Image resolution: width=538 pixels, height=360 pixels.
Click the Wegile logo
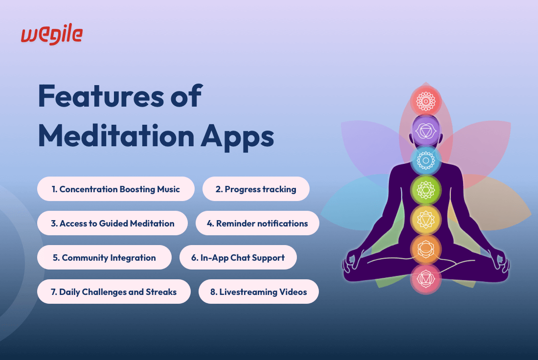pos(52,34)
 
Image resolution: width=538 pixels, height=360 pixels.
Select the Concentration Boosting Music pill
pos(116,189)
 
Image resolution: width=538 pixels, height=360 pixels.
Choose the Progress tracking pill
pos(256,189)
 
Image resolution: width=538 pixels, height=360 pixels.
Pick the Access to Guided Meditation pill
pos(112,223)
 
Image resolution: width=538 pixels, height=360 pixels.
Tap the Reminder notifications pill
pos(257,223)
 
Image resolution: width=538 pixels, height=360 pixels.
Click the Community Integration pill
pos(104,257)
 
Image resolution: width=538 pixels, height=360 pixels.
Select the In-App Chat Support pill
pos(238,257)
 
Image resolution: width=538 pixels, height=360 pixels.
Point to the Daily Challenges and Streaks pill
pos(114,292)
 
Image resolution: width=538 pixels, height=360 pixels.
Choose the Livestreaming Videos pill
pos(259,292)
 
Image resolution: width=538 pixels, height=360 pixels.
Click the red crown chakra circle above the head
pos(426,101)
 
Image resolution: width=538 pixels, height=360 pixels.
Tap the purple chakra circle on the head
pos(426,131)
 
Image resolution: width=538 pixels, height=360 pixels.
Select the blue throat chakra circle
pos(426,160)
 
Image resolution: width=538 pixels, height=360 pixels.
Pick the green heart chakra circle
pos(426,190)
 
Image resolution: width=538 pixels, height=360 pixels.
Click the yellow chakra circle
pos(426,219)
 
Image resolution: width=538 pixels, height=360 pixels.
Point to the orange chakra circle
pos(426,249)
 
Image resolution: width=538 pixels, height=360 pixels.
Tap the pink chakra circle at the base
pos(426,279)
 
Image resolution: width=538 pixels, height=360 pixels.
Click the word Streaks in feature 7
pos(161,292)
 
